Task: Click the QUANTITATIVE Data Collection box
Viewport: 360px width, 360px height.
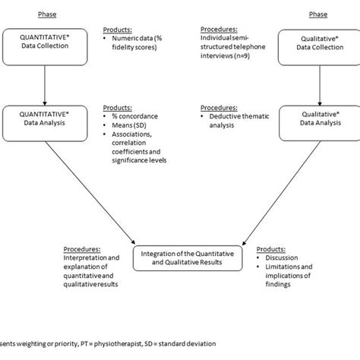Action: point(47,48)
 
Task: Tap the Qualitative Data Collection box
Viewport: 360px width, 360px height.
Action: point(313,48)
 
